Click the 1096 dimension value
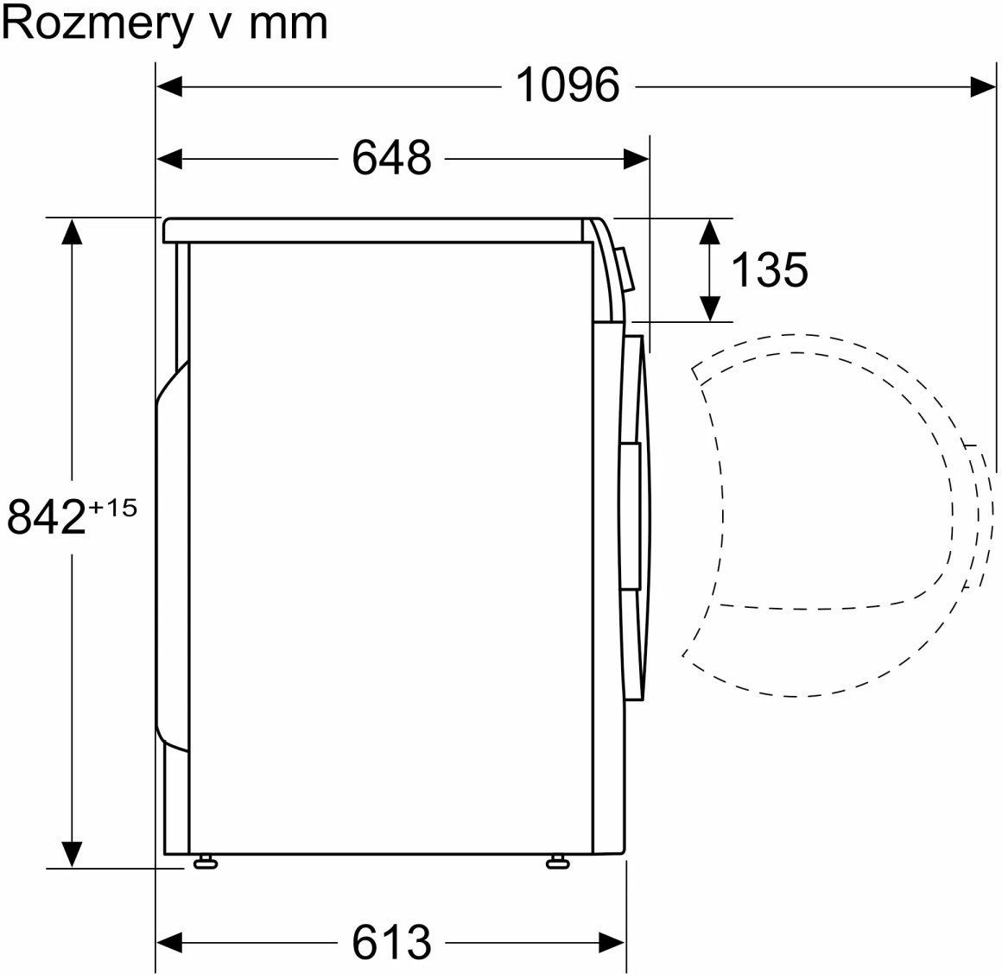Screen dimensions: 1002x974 point(568,85)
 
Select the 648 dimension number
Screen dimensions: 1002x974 point(391,158)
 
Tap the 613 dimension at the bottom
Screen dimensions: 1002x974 point(391,942)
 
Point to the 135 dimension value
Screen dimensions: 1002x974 point(770,269)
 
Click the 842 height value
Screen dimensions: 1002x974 point(46,516)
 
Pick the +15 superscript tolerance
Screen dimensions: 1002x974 point(112,508)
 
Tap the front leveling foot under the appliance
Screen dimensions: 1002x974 point(557,863)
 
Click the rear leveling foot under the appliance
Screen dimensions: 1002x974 point(206,863)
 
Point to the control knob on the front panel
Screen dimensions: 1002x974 point(625,269)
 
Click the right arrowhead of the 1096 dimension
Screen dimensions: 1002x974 point(983,86)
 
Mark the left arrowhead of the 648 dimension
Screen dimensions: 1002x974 point(169,158)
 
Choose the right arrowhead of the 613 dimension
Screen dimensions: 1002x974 point(612,942)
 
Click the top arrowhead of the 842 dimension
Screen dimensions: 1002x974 point(72,231)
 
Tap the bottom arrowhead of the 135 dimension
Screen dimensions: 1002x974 point(710,308)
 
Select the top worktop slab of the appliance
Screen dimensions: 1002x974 point(377,230)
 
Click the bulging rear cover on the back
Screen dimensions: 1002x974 point(171,556)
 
